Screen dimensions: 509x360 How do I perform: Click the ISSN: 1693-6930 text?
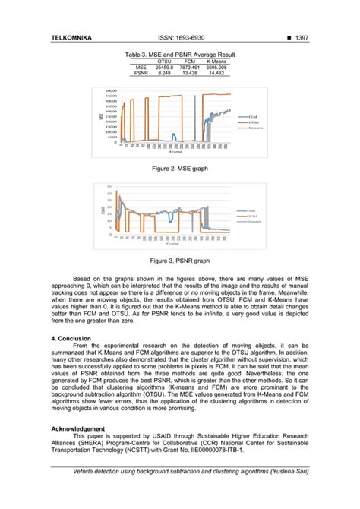click(x=180, y=36)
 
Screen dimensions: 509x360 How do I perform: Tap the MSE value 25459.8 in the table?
click(x=164, y=67)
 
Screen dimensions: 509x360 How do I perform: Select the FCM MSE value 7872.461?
click(x=190, y=67)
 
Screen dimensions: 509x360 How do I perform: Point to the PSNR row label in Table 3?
click(x=141, y=73)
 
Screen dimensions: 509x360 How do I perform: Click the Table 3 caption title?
click(x=180, y=55)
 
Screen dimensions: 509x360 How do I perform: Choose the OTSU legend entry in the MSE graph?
click(x=253, y=122)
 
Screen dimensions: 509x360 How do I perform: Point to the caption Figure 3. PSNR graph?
click(x=179, y=260)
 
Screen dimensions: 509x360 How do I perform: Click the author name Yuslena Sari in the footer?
click(x=289, y=473)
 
